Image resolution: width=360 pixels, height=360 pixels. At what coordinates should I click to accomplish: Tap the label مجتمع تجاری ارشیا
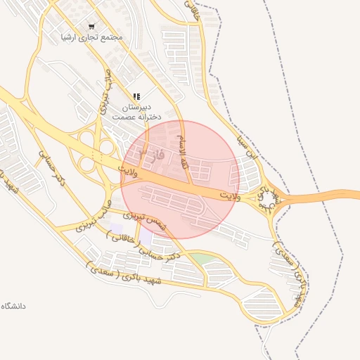point(91,37)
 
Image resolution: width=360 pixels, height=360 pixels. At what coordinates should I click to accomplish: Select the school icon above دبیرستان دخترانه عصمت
point(136,96)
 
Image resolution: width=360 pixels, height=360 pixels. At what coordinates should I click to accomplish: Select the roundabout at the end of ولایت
point(269,202)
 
